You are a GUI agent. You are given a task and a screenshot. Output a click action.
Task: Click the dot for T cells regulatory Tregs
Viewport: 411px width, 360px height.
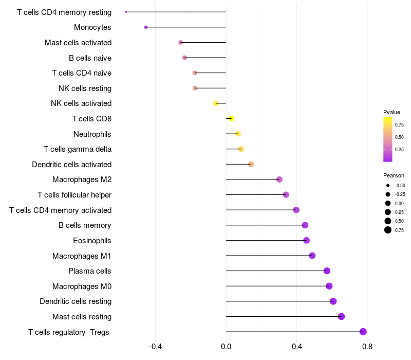click(363, 332)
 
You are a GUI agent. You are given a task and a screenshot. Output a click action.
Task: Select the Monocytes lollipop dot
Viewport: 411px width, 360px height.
click(146, 27)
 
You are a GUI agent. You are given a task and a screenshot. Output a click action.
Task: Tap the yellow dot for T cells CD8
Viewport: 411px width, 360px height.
click(231, 119)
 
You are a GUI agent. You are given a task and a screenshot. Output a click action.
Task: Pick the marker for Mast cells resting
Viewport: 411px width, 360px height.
click(341, 316)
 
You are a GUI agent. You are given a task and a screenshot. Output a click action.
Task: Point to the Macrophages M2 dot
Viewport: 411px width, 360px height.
click(279, 179)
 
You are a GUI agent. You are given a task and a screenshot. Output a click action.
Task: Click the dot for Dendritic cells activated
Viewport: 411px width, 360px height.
click(251, 164)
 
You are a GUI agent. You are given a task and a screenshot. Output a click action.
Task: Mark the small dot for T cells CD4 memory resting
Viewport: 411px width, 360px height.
click(126, 12)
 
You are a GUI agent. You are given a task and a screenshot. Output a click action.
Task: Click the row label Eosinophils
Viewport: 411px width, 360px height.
click(92, 240)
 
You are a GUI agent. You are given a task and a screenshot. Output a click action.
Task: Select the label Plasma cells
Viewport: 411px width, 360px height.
click(90, 271)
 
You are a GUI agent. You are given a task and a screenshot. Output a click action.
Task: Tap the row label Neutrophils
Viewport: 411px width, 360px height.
click(92, 134)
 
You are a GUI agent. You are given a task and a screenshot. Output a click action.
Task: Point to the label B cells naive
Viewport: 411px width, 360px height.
click(90, 58)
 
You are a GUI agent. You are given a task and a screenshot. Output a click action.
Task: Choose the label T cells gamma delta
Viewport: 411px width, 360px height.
click(78, 149)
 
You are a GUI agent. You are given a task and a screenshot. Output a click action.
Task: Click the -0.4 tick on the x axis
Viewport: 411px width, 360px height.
click(156, 347)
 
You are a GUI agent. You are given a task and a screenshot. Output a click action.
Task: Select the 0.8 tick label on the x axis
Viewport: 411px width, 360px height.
click(367, 347)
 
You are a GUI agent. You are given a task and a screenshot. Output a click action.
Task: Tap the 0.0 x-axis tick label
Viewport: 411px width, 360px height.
click(226, 347)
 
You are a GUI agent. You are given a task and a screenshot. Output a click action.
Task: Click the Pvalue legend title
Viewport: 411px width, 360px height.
click(391, 112)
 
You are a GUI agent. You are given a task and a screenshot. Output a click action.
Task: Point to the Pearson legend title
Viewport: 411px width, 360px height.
click(394, 175)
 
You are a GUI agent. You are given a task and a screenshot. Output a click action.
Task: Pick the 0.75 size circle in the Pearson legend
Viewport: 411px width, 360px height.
click(388, 230)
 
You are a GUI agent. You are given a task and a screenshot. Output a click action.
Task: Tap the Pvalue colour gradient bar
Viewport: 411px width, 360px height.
click(388, 139)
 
